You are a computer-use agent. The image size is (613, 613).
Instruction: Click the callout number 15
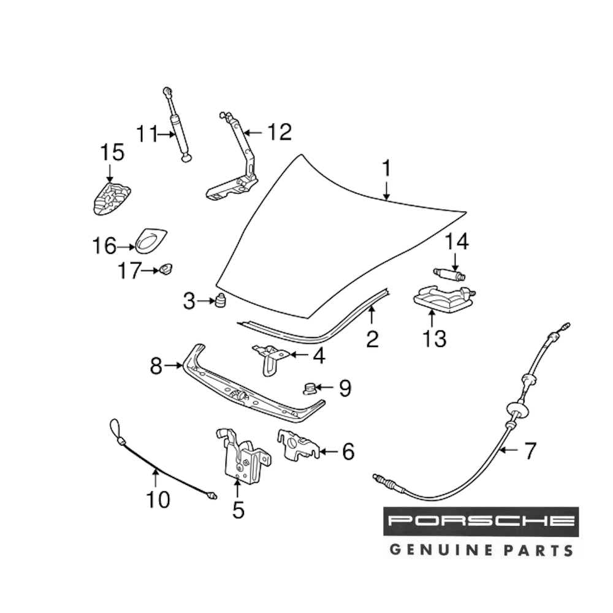(112, 152)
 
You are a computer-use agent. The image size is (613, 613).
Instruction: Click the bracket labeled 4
(268, 357)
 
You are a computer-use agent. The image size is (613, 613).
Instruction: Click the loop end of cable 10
(115, 425)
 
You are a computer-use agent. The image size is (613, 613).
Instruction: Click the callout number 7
(528, 452)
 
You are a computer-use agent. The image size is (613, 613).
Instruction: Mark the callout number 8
(157, 366)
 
